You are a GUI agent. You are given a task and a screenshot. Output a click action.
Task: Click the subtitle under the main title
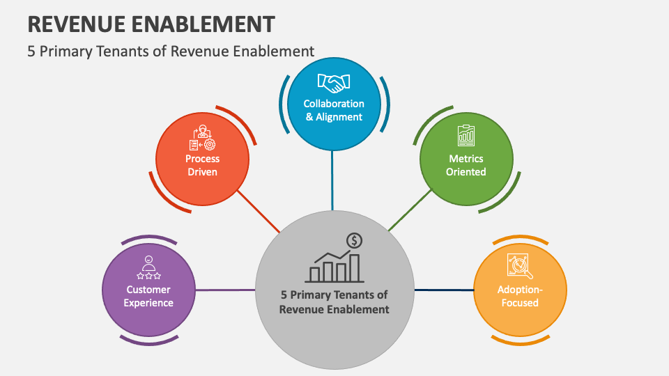(x=171, y=51)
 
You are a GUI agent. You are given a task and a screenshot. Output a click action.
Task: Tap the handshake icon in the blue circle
(x=334, y=84)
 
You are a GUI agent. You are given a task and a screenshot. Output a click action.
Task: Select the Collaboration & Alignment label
(x=334, y=110)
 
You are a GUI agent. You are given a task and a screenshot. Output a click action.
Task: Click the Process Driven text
(x=202, y=165)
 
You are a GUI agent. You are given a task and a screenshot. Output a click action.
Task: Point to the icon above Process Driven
(x=202, y=139)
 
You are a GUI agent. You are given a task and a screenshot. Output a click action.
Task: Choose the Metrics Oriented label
(x=466, y=165)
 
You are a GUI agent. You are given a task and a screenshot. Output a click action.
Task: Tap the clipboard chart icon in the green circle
(x=466, y=136)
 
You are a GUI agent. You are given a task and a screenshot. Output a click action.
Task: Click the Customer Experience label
(x=148, y=296)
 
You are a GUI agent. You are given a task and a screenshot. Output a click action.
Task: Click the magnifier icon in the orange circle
(x=520, y=266)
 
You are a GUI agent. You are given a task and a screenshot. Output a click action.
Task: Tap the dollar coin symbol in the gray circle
(x=355, y=241)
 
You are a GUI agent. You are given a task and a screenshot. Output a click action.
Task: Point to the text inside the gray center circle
(x=334, y=302)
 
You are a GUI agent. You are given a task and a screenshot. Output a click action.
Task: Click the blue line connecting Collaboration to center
(x=332, y=180)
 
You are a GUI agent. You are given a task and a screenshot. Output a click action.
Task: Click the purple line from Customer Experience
(x=225, y=290)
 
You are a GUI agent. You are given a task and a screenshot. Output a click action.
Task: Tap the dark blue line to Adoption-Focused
(x=444, y=290)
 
